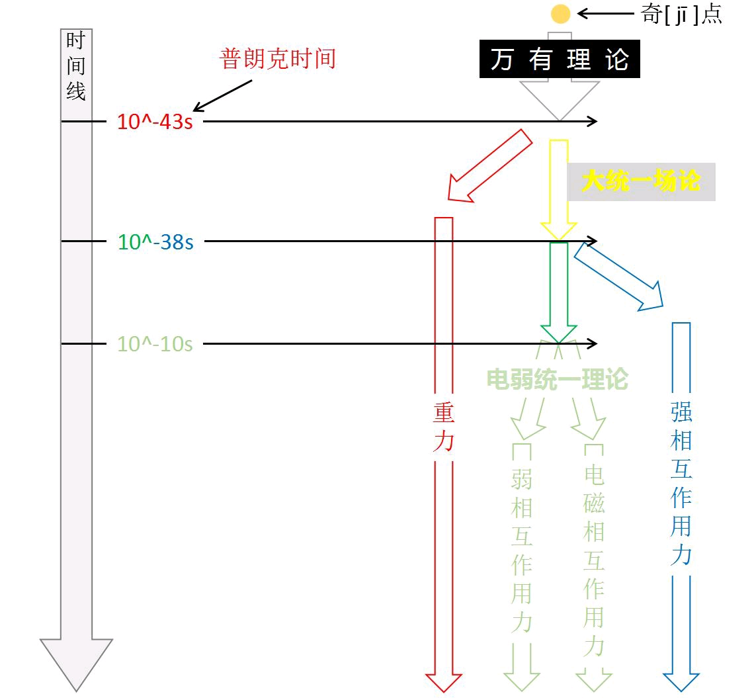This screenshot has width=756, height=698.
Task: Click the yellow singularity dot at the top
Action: coord(560,14)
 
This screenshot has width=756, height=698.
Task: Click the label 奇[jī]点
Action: coord(681,14)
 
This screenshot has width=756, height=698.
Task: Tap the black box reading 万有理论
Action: coord(560,60)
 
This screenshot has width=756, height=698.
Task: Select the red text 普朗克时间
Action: coord(278,59)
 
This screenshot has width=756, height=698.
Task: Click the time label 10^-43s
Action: coord(155,122)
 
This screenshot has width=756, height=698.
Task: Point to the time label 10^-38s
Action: coord(155,242)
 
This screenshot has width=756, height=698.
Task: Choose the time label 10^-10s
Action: coord(155,344)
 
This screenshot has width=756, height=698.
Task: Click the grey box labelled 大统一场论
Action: coord(641,182)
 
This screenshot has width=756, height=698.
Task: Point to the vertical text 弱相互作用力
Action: coord(522,551)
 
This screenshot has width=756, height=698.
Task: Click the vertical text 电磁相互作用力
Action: coord(593,561)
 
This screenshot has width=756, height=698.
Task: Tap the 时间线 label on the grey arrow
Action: coord(76,66)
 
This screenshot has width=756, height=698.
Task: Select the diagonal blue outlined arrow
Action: coord(618,276)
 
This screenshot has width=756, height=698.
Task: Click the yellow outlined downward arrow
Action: coord(559,189)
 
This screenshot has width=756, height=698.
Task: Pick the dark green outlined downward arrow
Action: coord(559,291)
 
